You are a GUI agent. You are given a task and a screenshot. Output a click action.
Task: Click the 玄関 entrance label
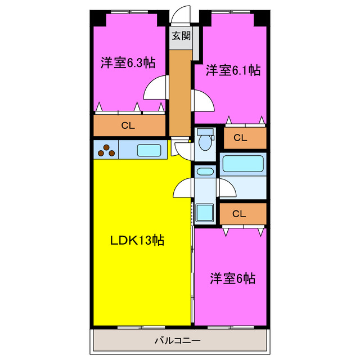tap(181, 37)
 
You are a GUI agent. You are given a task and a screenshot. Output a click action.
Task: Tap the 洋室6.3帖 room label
tap(128, 62)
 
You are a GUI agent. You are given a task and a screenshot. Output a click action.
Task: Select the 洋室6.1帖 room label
tap(232, 70)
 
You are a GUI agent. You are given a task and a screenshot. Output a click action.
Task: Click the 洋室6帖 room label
tap(233, 278)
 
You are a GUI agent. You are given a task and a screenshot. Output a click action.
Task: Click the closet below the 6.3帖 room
tap(129, 125)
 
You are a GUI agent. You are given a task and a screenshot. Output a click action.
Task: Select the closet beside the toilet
tap(241, 137)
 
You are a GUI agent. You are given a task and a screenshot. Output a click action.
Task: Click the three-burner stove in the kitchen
tap(106, 150)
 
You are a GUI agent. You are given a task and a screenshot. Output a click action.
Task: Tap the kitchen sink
tap(149, 150)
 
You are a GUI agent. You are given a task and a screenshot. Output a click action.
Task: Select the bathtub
tap(243, 165)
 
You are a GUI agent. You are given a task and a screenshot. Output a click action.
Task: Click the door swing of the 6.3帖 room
tap(156, 88)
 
